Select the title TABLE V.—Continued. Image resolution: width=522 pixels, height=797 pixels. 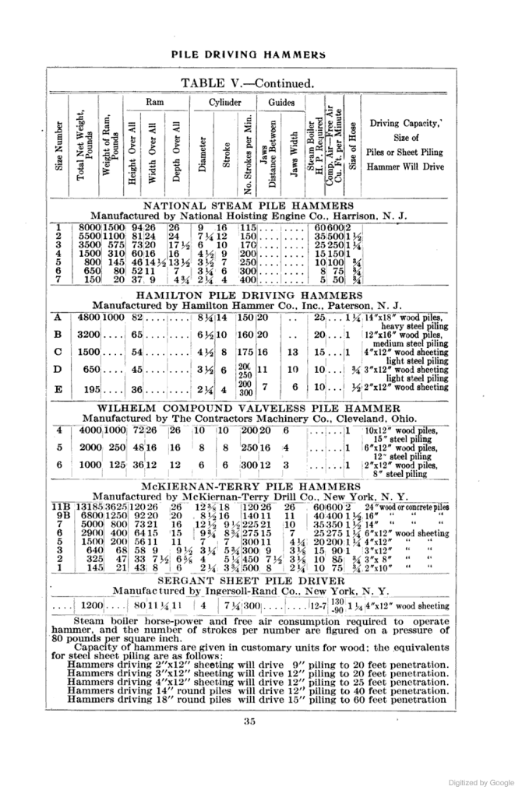click(248, 83)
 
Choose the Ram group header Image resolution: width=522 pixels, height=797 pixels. click(156, 101)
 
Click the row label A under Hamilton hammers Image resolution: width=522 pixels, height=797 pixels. click(58, 318)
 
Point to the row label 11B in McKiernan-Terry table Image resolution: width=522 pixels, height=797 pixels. click(60, 506)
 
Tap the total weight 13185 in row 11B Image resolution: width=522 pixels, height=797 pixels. click(87, 506)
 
